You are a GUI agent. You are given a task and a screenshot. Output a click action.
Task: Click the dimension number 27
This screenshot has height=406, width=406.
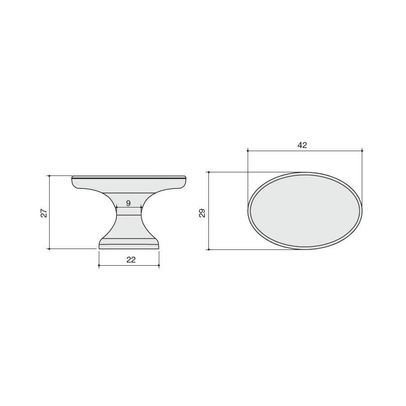(44, 212)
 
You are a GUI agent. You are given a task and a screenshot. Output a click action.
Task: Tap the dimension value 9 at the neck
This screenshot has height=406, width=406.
(129, 203)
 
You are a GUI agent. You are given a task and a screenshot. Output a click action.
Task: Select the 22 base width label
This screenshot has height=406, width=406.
(131, 260)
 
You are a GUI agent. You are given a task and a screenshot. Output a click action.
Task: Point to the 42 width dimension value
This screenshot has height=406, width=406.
(302, 145)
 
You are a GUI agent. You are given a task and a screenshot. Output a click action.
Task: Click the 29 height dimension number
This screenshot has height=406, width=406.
(202, 213)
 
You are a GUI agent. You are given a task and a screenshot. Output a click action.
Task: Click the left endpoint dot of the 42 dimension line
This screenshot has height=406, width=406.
(248, 150)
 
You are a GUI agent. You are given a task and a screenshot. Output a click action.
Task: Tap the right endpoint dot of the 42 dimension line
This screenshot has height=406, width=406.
(362, 150)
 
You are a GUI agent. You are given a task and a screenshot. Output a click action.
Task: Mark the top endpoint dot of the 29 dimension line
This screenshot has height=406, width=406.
(209, 172)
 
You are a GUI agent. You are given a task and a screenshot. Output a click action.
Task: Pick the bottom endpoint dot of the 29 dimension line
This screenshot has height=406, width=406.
(209, 249)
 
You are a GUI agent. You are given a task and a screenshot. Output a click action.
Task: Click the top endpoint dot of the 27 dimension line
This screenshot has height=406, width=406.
(49, 176)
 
